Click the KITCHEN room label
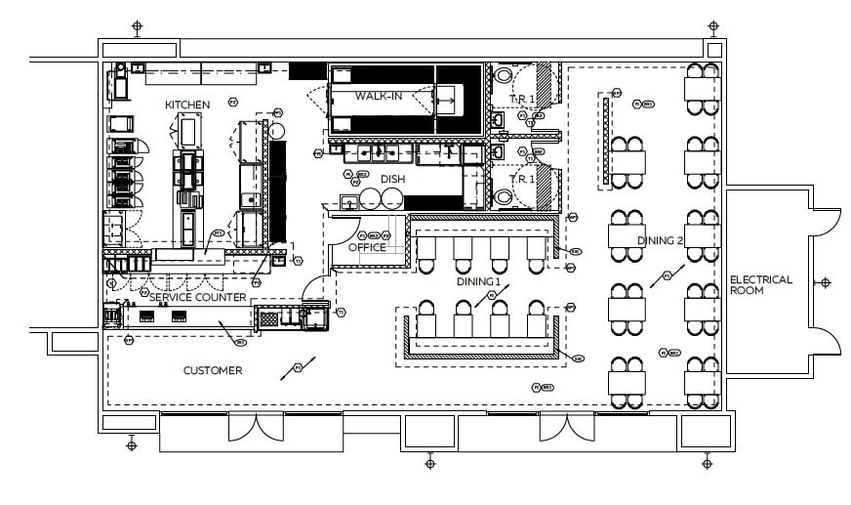coord(186,105)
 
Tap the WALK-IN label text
coord(379,96)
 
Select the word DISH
coord(392,179)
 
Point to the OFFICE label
coord(367,247)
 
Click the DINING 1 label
coord(478,281)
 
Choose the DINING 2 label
coord(660,241)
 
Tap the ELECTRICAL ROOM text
coord(761,286)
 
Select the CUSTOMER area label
coord(213,370)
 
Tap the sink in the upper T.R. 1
coord(497,118)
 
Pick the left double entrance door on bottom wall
coord(256,428)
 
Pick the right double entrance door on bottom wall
coord(567,428)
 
